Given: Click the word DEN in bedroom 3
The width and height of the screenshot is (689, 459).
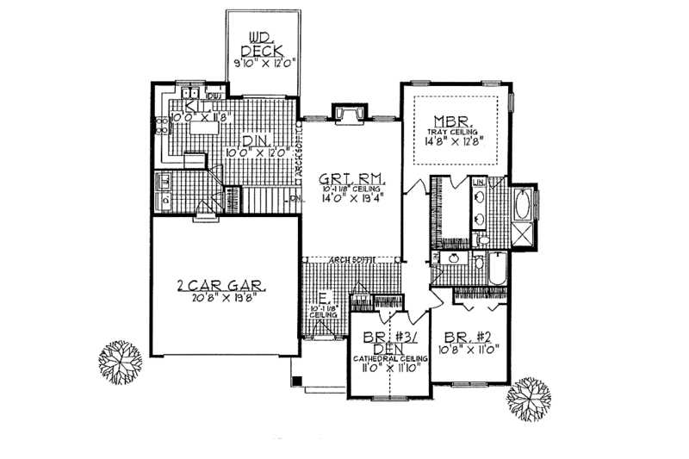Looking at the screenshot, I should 388,349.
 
